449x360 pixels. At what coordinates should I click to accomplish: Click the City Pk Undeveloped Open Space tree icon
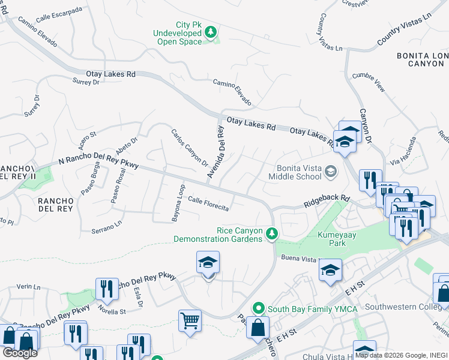point(211,32)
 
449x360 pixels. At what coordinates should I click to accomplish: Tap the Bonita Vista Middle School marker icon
point(330,173)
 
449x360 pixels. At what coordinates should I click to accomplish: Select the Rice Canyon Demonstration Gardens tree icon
point(272,233)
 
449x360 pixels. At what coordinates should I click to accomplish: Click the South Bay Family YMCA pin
point(259,308)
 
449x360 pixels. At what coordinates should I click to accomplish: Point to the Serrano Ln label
point(106,226)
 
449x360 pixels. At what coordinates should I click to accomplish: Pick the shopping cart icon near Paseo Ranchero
point(190,320)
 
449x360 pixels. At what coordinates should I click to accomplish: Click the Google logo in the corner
point(20,353)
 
